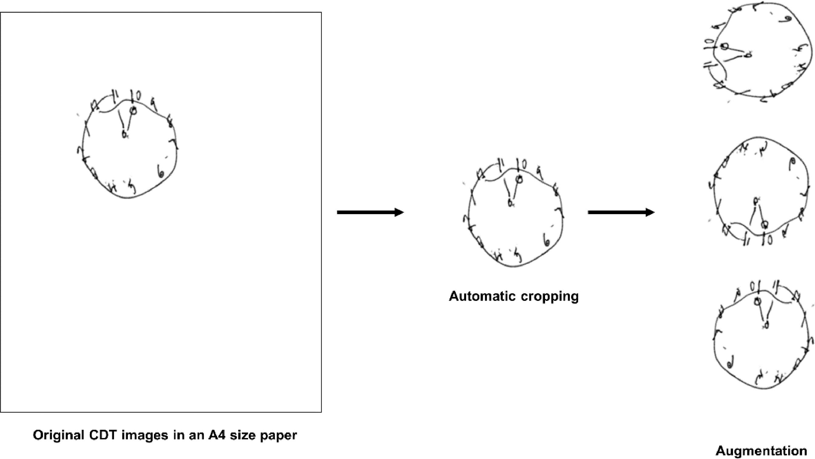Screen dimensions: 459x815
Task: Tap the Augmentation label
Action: pos(761,451)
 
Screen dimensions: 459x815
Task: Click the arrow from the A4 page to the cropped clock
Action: pos(370,212)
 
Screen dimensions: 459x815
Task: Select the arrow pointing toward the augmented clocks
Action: pos(621,212)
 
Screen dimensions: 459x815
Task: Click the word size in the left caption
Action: pos(243,435)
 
